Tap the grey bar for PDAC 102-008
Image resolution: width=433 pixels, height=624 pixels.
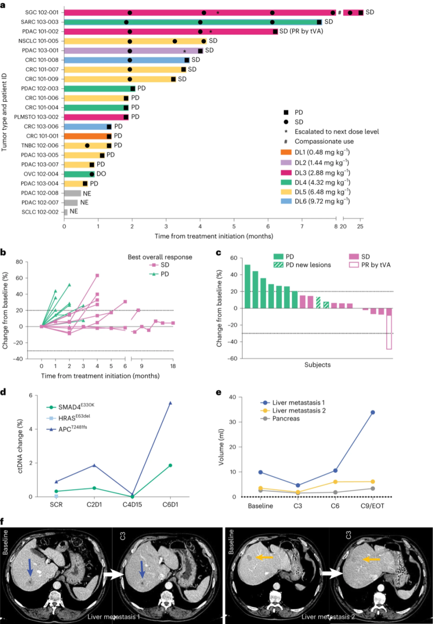(x=72, y=193)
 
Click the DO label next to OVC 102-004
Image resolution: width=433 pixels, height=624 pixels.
(x=101, y=174)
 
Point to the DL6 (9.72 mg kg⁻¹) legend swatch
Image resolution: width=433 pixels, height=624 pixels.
(x=286, y=201)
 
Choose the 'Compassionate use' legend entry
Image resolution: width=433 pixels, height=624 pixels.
(x=324, y=141)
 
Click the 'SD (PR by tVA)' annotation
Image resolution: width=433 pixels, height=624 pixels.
(x=301, y=31)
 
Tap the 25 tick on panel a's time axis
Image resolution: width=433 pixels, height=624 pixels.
(x=360, y=226)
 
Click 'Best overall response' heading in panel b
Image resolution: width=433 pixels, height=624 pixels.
(x=160, y=257)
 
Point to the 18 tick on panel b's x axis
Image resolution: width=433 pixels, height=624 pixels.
(x=173, y=366)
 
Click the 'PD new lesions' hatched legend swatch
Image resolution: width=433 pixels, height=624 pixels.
(x=278, y=265)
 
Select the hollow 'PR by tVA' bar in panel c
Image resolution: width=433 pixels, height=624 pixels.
(x=389, y=332)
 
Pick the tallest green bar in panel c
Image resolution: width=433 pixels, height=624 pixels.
(x=247, y=286)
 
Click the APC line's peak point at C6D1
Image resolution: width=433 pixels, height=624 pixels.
(x=170, y=403)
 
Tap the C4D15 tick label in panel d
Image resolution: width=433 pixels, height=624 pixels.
(x=132, y=504)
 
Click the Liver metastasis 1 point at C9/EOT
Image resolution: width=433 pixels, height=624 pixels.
(x=373, y=412)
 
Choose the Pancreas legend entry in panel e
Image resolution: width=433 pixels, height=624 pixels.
(x=286, y=419)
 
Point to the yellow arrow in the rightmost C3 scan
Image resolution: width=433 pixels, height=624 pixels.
(x=372, y=559)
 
